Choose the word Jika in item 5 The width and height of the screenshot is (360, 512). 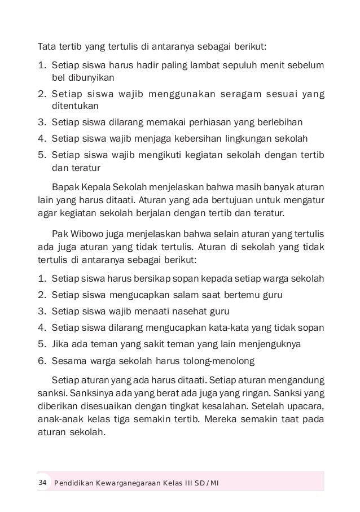[x=59, y=343]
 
